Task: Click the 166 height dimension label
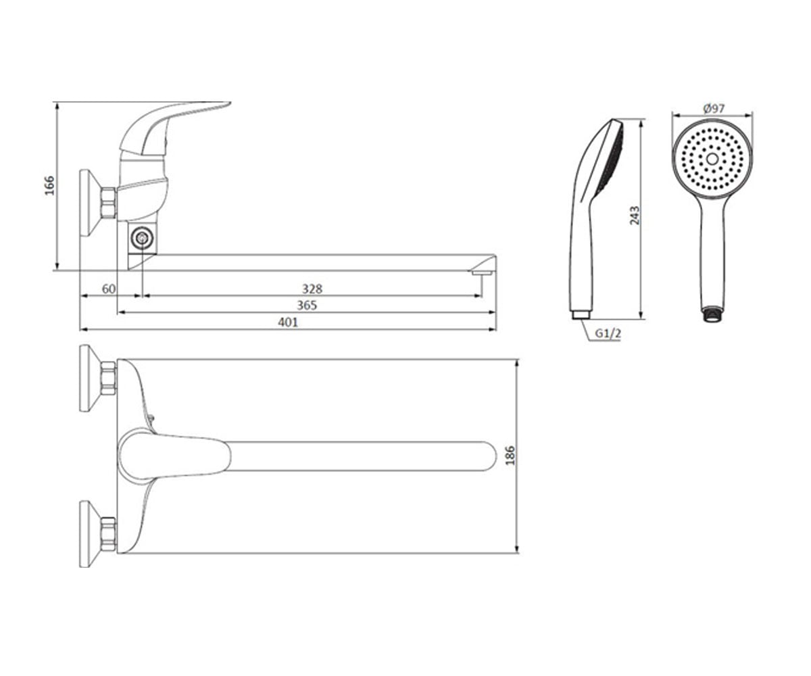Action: (50, 185)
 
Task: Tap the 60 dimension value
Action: (109, 289)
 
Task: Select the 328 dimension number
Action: (312, 289)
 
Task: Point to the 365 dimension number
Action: (307, 306)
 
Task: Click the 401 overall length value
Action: (288, 322)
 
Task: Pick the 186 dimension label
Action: (510, 456)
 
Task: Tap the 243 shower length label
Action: (635, 215)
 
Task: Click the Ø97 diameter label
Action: (714, 108)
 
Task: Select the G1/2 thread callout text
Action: (608, 333)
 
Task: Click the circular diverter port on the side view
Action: (142, 238)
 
